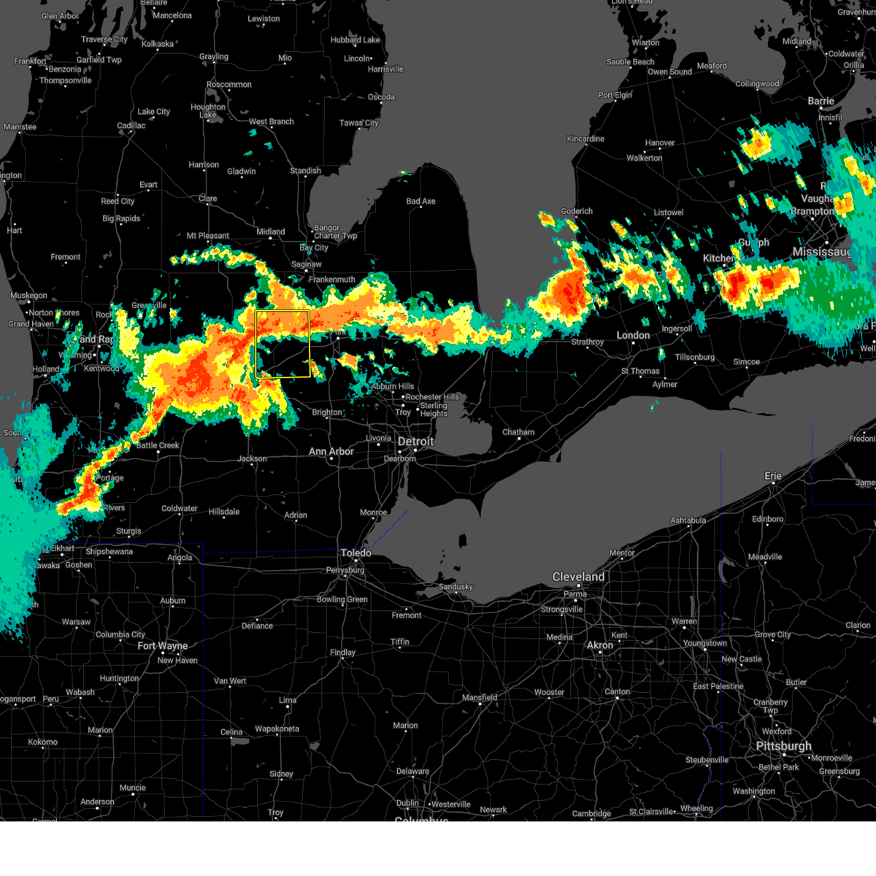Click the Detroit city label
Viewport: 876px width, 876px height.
(415, 442)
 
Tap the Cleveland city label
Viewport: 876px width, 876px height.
(578, 577)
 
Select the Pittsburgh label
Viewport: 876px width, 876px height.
(783, 746)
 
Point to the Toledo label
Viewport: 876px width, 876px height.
(356, 553)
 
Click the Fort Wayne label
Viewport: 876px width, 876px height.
(163, 646)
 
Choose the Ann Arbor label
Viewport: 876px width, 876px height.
(331, 452)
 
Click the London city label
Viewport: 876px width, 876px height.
(633, 335)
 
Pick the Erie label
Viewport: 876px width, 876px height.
(773, 476)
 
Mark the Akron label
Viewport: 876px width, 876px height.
(600, 645)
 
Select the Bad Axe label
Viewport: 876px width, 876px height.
(420, 201)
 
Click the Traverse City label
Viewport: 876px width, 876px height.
(104, 39)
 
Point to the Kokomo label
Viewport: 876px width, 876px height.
(42, 742)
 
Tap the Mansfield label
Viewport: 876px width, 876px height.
(480, 698)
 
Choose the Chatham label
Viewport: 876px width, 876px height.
(518, 432)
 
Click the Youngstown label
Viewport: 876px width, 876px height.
(705, 643)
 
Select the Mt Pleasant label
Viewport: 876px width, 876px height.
(207, 236)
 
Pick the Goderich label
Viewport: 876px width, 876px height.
(577, 212)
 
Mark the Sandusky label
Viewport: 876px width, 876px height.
(456, 587)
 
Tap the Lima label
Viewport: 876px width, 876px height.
(288, 700)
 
